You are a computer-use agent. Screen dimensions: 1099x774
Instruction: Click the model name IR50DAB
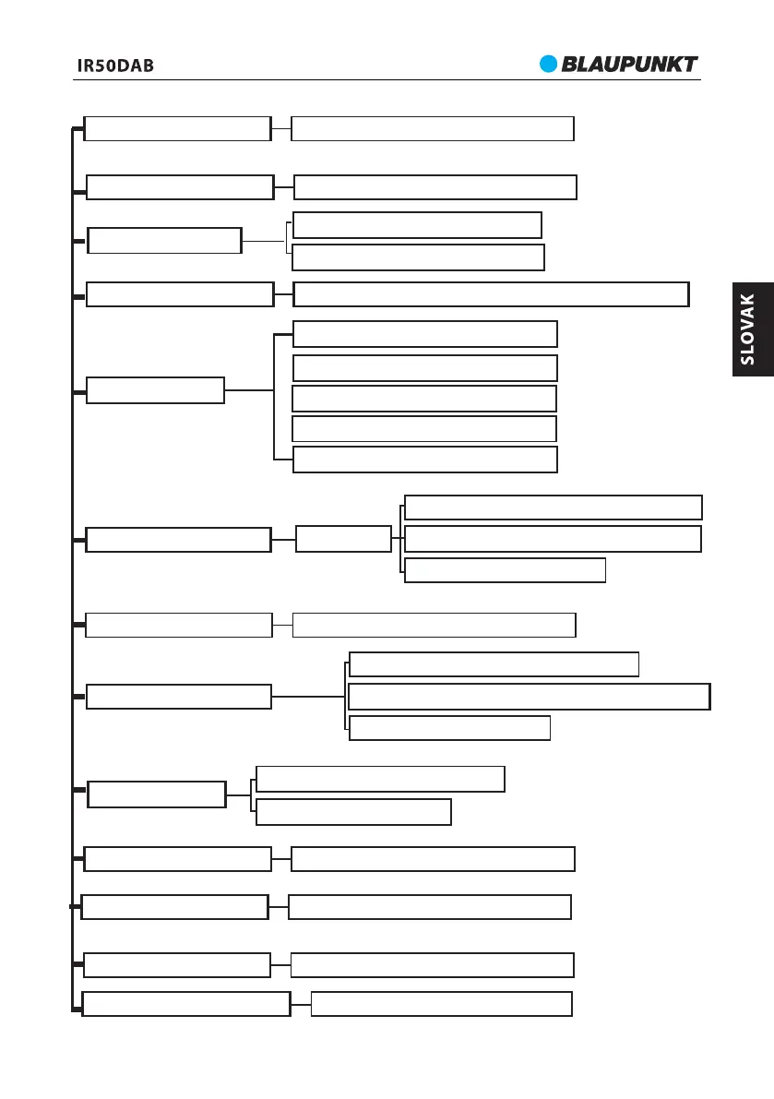click(115, 66)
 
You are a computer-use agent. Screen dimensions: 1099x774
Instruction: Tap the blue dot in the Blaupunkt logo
click(549, 64)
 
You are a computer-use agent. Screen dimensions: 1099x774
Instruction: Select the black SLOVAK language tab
click(753, 329)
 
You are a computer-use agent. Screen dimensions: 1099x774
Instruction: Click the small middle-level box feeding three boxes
click(343, 539)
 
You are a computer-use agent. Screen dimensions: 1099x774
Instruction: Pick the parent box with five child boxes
click(155, 390)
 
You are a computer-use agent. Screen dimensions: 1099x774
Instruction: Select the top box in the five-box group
click(424, 334)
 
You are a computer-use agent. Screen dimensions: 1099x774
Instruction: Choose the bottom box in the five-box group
click(424, 460)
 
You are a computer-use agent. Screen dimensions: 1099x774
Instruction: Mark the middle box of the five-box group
click(424, 399)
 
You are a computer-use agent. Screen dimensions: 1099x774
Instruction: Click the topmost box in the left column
click(177, 128)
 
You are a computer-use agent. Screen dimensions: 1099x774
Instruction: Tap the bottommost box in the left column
click(186, 1004)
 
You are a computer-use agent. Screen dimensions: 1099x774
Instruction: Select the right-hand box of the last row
click(441, 1004)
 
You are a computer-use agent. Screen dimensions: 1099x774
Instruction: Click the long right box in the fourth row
click(491, 294)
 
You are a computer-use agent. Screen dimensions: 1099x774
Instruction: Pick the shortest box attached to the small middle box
click(505, 570)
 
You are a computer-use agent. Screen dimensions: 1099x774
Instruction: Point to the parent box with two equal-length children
click(164, 241)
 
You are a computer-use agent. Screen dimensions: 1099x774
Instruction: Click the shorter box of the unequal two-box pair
click(353, 812)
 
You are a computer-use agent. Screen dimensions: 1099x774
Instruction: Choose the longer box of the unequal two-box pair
click(380, 779)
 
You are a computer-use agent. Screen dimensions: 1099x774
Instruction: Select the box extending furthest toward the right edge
click(530, 697)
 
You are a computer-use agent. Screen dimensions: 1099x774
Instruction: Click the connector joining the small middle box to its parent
click(283, 539)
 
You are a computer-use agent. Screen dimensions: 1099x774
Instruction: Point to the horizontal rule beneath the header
click(387, 79)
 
